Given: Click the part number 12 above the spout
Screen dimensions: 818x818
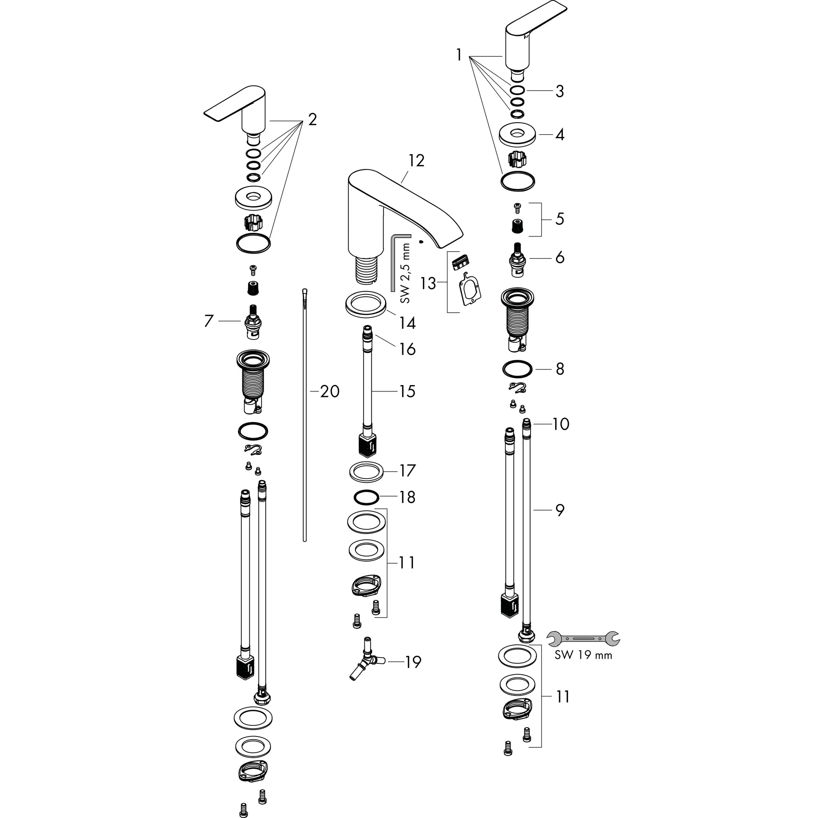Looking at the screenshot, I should pyautogui.click(x=416, y=161).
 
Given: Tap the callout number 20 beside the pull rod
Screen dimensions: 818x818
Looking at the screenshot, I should pyautogui.click(x=330, y=392).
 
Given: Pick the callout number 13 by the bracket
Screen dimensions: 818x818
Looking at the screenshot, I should pyautogui.click(x=428, y=283).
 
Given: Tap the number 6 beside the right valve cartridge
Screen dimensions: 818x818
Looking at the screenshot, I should pyautogui.click(x=559, y=258).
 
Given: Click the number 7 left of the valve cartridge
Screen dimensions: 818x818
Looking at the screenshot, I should pyautogui.click(x=208, y=321).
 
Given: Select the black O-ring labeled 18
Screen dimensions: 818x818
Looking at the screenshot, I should pyautogui.click(x=365, y=498).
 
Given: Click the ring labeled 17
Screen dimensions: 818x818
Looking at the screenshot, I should pyautogui.click(x=366, y=472).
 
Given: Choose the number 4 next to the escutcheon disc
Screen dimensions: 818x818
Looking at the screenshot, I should pyautogui.click(x=560, y=135).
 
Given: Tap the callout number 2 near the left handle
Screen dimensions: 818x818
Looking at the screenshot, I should pyautogui.click(x=312, y=120).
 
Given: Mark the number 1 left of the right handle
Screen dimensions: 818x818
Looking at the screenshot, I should pyautogui.click(x=459, y=55).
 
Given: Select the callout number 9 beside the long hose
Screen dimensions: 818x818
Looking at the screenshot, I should pyautogui.click(x=560, y=510).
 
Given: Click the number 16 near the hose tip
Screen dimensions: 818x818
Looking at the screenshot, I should pyautogui.click(x=407, y=350).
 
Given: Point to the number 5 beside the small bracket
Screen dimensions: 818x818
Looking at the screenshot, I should pyautogui.click(x=559, y=219).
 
